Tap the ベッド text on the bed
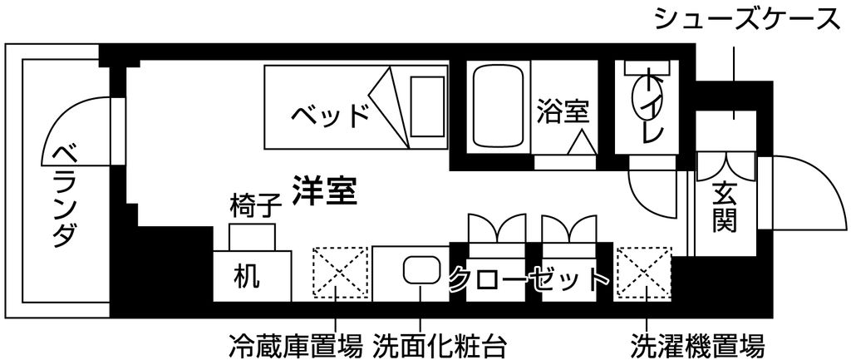click(x=330, y=115)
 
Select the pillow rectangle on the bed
click(x=428, y=106)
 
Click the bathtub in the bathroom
click(x=499, y=106)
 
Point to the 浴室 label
click(x=563, y=112)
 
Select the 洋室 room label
click(x=324, y=190)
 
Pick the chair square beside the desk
click(x=252, y=238)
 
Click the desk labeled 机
click(x=252, y=276)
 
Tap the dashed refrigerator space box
click(x=340, y=274)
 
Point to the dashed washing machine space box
click(x=643, y=274)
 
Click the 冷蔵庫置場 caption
click(x=295, y=344)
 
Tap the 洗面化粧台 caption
click(x=440, y=344)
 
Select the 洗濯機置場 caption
click(x=698, y=344)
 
